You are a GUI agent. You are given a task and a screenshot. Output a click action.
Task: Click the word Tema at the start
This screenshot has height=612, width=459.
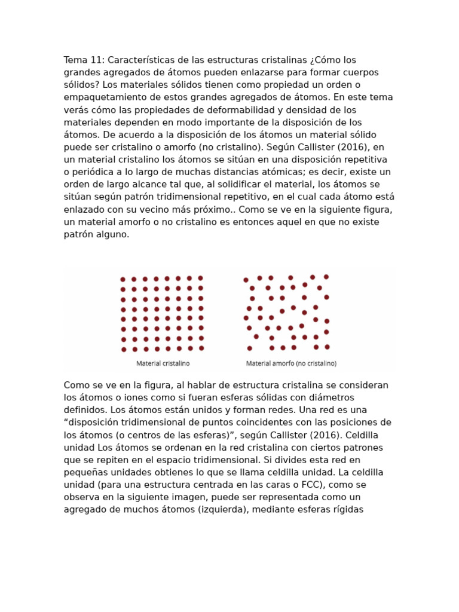75,60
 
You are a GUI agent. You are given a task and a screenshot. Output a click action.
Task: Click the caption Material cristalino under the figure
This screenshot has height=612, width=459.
163,363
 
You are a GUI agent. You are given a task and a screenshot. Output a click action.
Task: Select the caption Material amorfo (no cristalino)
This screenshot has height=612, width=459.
291,363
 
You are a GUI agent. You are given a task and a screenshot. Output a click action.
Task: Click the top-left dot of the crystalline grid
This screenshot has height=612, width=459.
123,279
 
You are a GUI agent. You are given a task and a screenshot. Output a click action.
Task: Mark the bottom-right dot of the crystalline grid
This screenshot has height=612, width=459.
201,348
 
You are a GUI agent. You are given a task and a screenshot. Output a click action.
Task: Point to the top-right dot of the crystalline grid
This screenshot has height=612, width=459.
200,278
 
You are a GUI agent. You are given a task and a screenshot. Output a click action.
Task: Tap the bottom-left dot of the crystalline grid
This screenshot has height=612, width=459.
124,349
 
